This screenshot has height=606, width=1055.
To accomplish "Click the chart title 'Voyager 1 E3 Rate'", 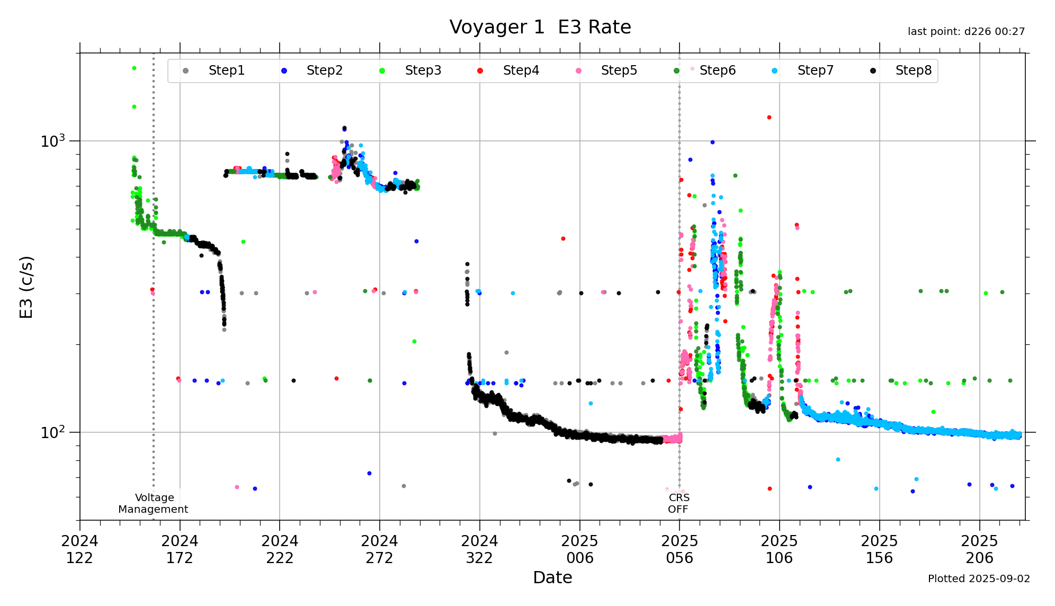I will click(x=540, y=27).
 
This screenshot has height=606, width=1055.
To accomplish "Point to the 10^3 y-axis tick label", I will click(x=52, y=141).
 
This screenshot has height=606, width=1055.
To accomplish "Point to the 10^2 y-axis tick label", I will click(x=52, y=433).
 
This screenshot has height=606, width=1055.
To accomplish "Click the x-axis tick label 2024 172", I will click(x=180, y=549).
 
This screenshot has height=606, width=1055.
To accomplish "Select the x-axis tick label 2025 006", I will click(x=579, y=549).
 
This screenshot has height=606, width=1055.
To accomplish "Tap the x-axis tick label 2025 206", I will click(x=979, y=549).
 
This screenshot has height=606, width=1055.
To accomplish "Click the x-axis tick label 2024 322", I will click(x=479, y=549).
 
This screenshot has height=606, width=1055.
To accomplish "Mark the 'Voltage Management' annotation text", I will click(x=154, y=503).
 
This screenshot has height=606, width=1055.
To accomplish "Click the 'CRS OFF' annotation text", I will click(x=678, y=503).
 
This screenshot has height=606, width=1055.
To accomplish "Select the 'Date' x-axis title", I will click(x=552, y=577).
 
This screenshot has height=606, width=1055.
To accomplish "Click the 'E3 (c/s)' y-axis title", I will click(x=26, y=287).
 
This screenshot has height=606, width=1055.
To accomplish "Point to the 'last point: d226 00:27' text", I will click(x=966, y=32).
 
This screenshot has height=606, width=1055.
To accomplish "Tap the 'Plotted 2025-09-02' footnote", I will click(x=979, y=578).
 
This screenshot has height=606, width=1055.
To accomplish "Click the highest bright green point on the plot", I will click(x=134, y=68).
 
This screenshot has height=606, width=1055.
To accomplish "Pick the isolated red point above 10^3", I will click(x=769, y=118).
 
